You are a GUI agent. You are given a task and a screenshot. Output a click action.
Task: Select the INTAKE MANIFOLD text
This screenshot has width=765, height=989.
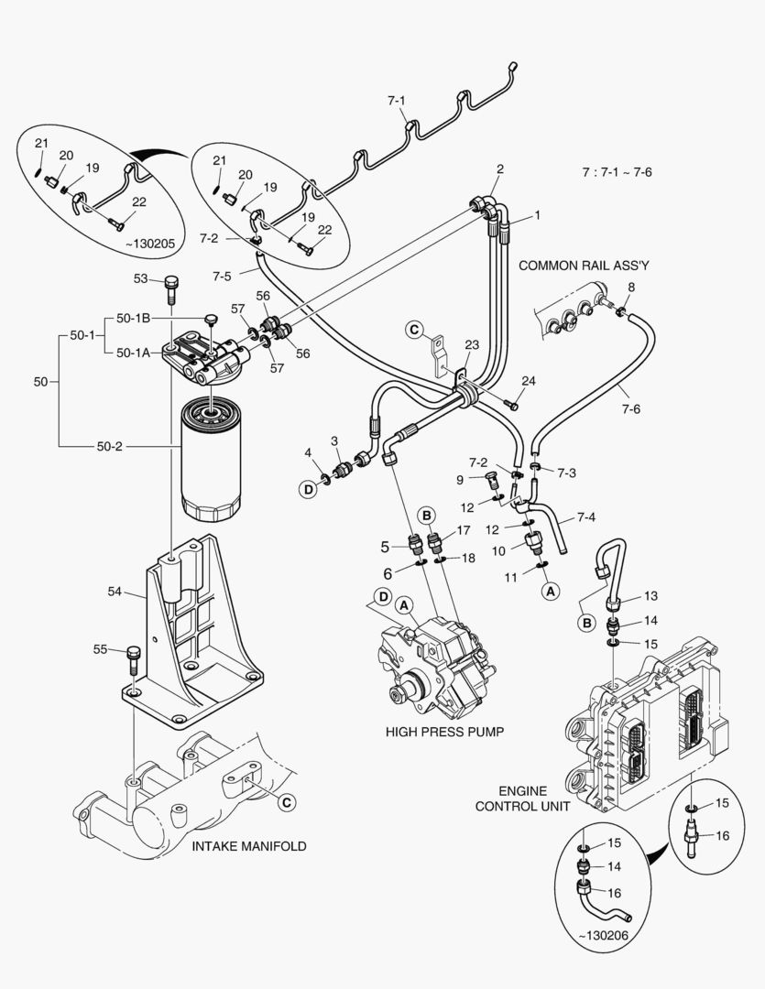249,846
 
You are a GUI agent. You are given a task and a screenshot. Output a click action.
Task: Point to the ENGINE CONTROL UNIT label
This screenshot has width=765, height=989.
522,799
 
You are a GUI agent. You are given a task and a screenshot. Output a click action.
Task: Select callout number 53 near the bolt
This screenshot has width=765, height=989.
140,278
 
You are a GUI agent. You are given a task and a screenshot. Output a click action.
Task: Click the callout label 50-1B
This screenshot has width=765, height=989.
134,318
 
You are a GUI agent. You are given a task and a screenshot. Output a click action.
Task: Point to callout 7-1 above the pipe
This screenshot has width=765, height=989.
396,100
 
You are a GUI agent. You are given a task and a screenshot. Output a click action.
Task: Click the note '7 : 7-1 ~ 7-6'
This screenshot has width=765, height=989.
622,171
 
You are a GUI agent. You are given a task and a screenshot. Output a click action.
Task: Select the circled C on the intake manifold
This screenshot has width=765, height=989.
286,802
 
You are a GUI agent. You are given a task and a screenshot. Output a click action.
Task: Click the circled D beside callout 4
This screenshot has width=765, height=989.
309,490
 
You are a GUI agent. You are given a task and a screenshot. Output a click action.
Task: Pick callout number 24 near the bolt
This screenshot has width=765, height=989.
528,381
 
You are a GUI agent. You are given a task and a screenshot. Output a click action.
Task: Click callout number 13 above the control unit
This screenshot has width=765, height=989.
650,596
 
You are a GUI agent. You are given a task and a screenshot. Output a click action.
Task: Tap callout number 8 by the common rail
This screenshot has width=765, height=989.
629,288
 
